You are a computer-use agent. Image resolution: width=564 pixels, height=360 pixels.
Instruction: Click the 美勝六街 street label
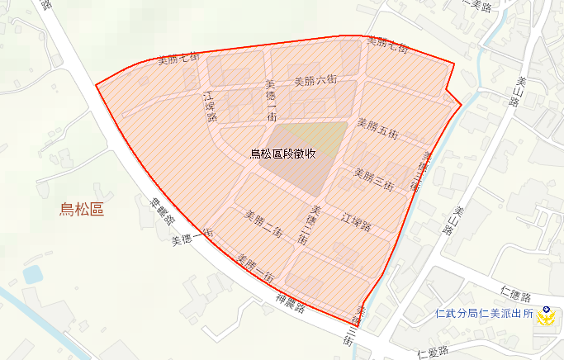(315, 81)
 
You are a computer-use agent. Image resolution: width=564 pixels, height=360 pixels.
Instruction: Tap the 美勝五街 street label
(377, 128)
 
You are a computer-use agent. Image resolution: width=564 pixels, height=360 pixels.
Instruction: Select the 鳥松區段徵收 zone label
(284, 154)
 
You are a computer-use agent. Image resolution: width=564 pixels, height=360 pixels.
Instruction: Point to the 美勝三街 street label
(374, 178)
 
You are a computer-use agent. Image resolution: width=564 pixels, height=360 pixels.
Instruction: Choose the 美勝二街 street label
(264, 224)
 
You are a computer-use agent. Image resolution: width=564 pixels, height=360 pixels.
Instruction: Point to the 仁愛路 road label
(434, 353)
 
